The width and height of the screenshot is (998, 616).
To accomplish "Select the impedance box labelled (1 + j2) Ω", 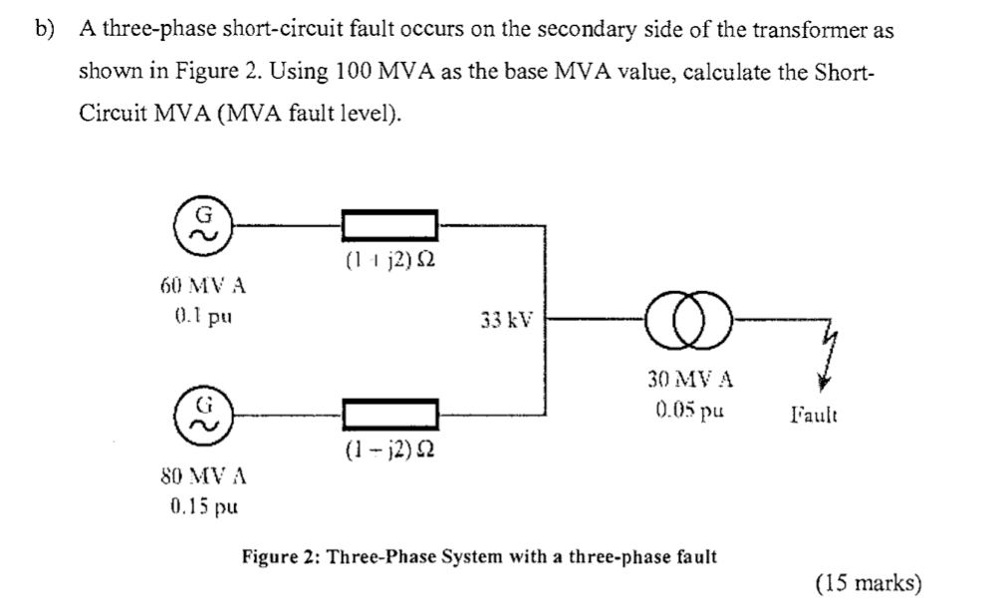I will pos(389,223).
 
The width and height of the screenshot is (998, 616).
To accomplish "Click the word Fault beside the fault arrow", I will pos(814,414).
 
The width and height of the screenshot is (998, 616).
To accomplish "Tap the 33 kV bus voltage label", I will pos(506,322).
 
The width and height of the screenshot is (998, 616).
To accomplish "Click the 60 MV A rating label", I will pos(202,287).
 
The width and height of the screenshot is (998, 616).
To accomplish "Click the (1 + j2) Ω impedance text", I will pos(389,262).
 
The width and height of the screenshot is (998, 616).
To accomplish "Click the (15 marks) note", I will pos(868,584).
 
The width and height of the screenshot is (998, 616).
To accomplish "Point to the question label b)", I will pos(44,30).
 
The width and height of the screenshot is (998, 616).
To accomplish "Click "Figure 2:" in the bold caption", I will pos(281,555).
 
